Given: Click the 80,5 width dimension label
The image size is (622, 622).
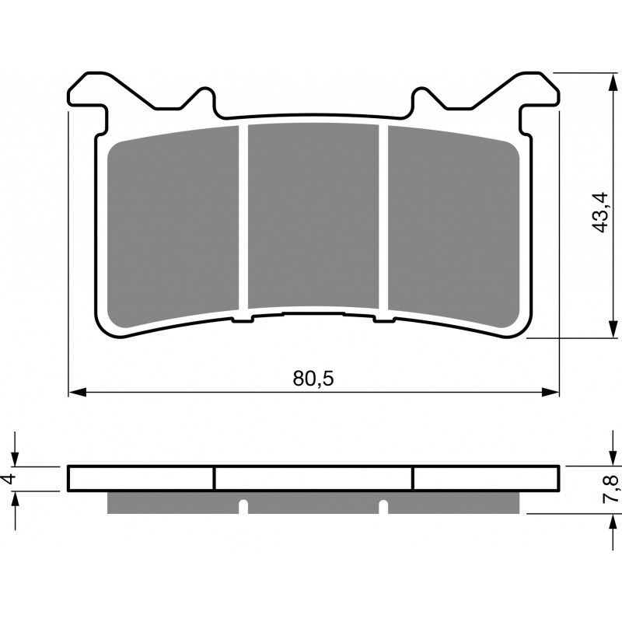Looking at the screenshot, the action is (313, 379).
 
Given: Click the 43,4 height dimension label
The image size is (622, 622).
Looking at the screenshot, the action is (599, 212).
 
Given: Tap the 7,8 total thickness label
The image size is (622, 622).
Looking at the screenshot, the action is (610, 489).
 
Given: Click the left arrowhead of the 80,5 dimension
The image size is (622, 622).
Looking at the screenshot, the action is (78, 393).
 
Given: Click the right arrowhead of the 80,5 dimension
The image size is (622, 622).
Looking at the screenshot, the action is (550, 393).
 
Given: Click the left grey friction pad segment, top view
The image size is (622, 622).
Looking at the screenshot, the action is (173, 226).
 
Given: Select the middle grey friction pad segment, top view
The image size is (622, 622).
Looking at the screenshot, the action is (313, 215).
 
